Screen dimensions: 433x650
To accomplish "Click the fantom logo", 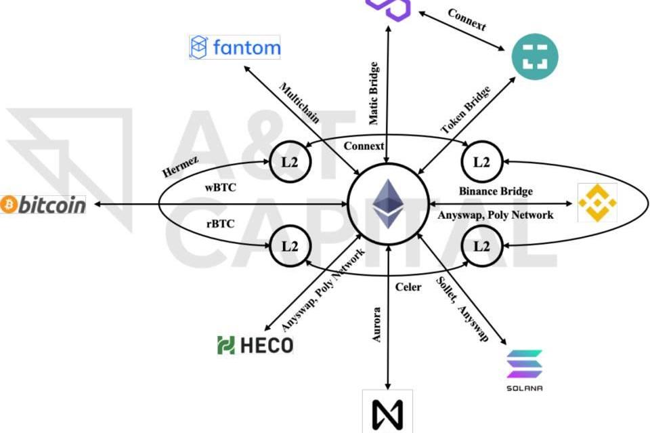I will tap(234, 47).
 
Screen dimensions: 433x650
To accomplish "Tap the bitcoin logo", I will tap(43, 204).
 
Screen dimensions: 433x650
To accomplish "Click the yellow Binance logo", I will tap(597, 203).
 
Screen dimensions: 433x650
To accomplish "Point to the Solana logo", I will tap(525, 369).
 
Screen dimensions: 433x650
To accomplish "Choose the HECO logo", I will tap(255, 346).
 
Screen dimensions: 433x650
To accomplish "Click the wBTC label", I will tap(221, 188).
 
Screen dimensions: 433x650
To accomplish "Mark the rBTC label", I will tap(221, 224).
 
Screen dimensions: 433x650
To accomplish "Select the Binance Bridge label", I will tap(496, 191).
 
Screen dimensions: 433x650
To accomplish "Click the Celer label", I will tap(408, 287).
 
